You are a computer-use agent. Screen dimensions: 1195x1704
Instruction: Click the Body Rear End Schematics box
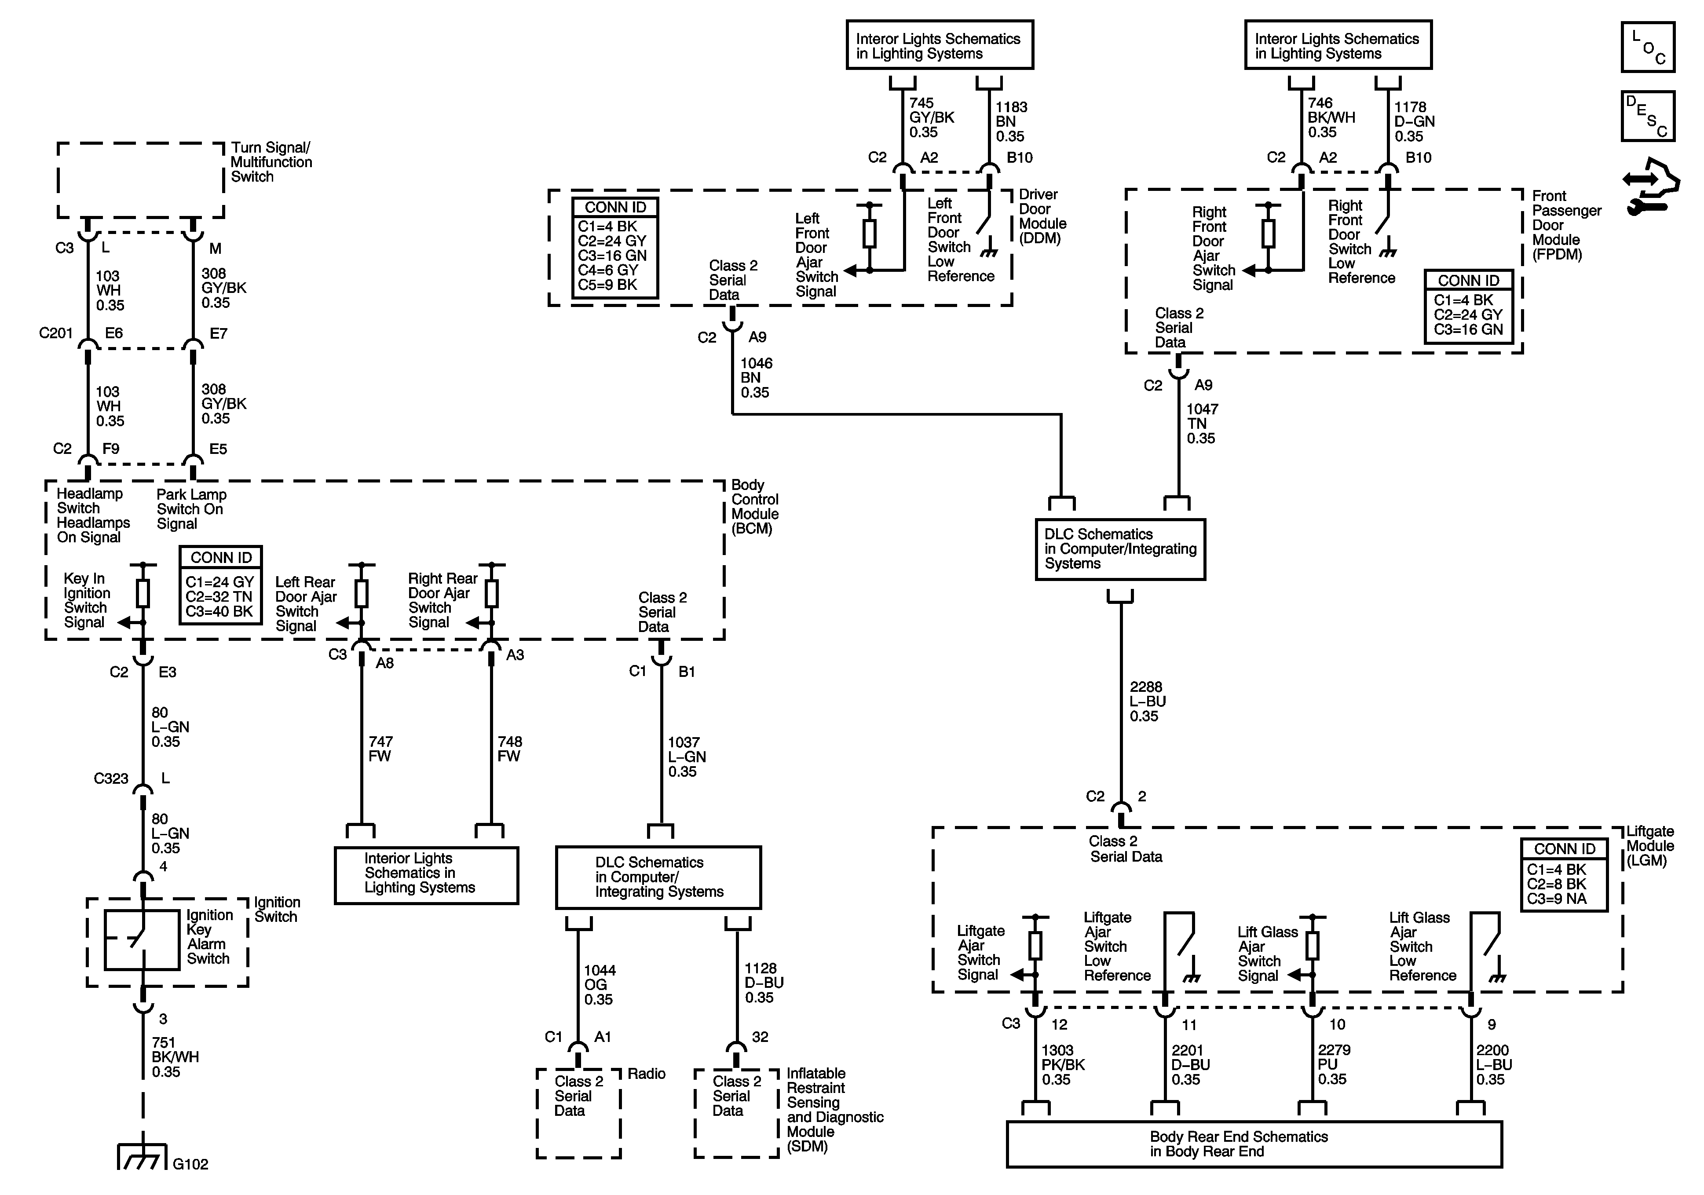tap(1254, 1144)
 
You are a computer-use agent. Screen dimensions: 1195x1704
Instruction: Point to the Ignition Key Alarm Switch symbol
tap(142, 939)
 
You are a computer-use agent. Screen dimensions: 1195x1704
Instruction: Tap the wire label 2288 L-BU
tap(1147, 702)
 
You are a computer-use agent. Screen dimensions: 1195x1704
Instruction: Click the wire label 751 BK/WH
tap(175, 1057)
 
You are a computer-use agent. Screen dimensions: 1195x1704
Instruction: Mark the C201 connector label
tap(56, 333)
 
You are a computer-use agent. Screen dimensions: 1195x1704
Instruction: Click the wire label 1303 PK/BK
tap(1062, 1064)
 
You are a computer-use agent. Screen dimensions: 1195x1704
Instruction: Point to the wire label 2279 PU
tap(1334, 1064)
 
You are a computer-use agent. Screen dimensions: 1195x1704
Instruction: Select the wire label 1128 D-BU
tap(764, 983)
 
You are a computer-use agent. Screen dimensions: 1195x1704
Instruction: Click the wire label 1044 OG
tap(599, 984)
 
